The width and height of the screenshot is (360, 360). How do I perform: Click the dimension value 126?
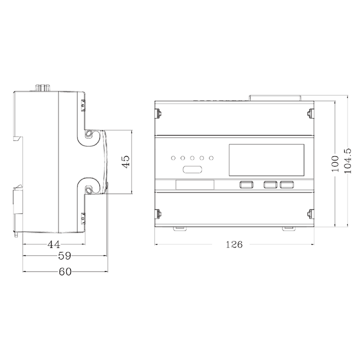[x=234, y=244]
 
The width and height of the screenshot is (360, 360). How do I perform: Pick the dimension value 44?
[x=54, y=244]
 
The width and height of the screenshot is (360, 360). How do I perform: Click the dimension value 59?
[x=64, y=256]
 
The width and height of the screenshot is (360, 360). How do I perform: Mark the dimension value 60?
[x=65, y=271]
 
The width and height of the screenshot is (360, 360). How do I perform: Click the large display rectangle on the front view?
[x=266, y=159]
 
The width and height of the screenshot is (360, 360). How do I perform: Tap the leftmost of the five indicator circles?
[x=173, y=158]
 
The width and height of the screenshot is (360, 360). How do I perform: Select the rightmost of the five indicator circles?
[x=211, y=158]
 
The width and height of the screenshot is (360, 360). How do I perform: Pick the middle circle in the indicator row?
[x=192, y=158]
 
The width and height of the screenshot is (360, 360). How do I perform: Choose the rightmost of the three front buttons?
[x=286, y=185]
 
